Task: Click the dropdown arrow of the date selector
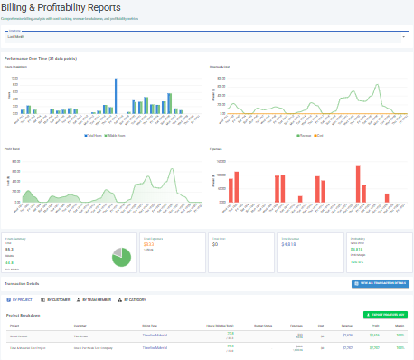(x=402, y=37)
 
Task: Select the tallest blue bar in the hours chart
(x=116, y=94)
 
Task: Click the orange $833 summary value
(x=149, y=243)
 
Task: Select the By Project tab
(x=24, y=298)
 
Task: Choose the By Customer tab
(x=61, y=298)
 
